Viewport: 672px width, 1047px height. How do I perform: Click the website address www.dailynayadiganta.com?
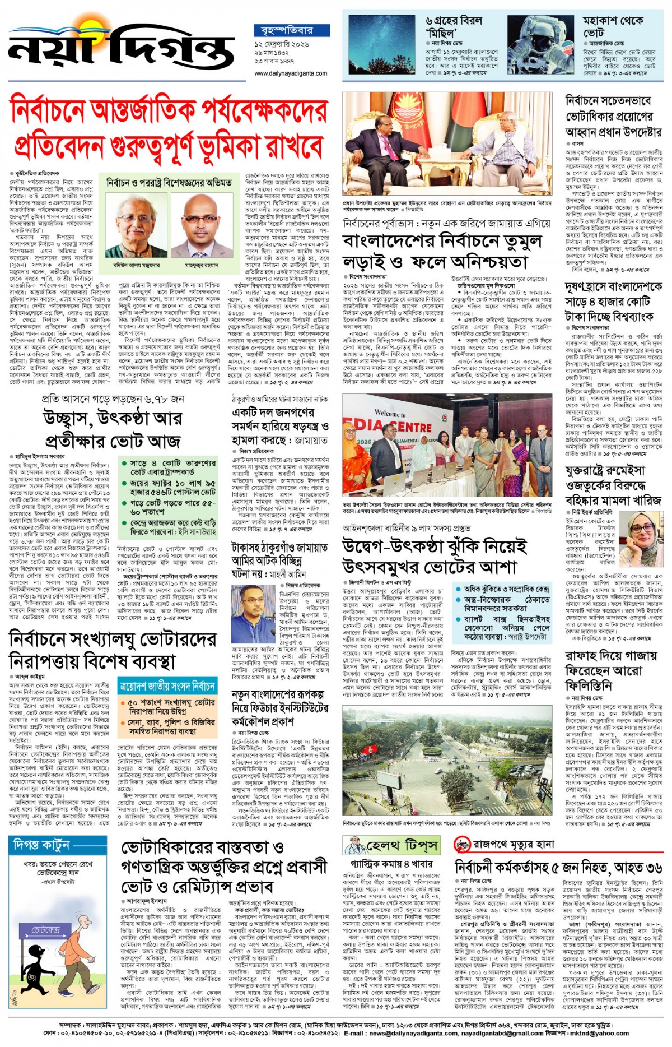(x=291, y=73)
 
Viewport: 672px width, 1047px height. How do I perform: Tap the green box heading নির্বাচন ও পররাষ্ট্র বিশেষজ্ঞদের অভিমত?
(x=169, y=183)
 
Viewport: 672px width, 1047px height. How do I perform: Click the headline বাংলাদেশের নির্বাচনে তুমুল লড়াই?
(x=442, y=252)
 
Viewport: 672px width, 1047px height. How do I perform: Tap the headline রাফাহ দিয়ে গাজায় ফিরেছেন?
(x=610, y=670)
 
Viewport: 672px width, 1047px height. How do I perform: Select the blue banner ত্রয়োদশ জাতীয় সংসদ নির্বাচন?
(x=167, y=685)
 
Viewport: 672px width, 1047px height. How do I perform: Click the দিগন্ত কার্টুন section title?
(x=40, y=844)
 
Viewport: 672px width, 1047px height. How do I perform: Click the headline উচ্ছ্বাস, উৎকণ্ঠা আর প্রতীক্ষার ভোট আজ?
(x=113, y=429)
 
